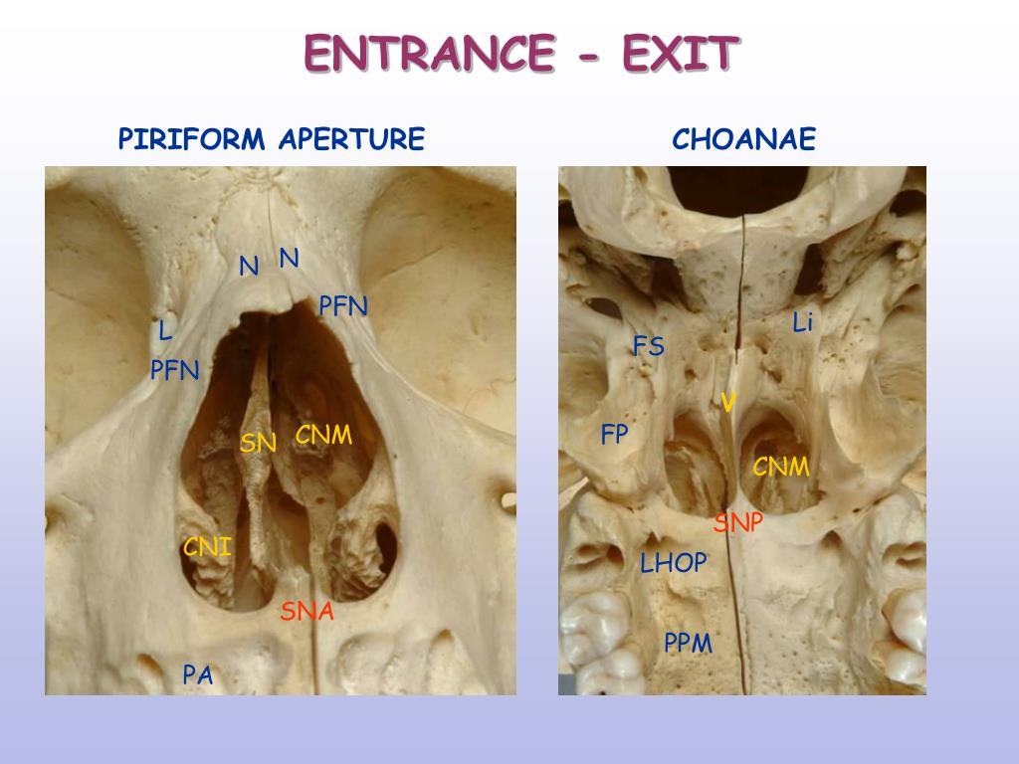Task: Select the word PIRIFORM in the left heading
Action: (192, 139)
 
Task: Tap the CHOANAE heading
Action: (743, 139)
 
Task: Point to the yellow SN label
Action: (258, 443)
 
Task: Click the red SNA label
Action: (306, 611)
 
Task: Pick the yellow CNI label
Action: (207, 546)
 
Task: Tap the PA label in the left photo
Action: (197, 675)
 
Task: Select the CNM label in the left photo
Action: (324, 435)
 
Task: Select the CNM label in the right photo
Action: (781, 467)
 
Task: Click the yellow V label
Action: (728, 403)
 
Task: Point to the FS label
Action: (648, 346)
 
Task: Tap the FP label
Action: (615, 434)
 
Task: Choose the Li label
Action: (803, 322)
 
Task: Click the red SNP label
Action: (737, 523)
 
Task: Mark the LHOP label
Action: (673, 563)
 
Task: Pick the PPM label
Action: (689, 644)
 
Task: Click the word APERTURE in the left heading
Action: (351, 139)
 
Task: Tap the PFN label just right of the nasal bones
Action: (343, 306)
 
